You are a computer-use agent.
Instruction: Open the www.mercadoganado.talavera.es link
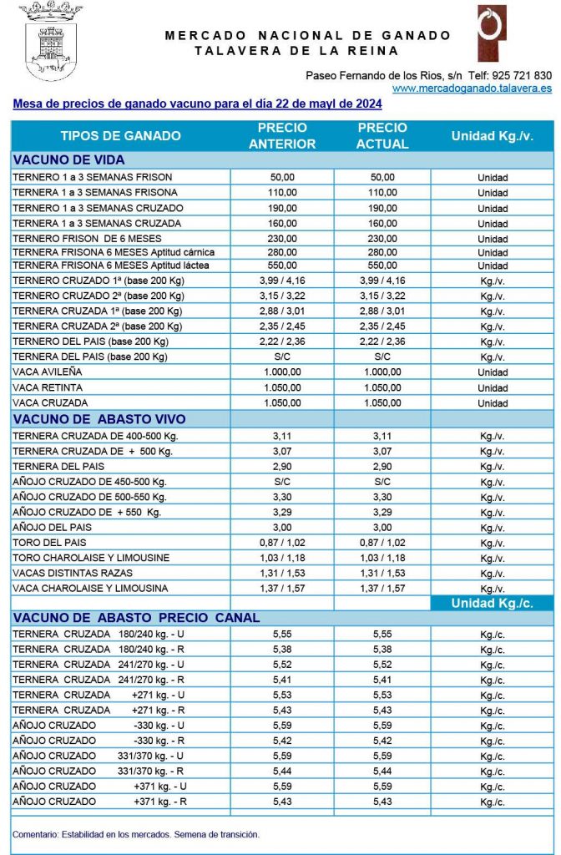point(472,88)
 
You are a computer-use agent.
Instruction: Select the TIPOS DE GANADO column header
point(120,136)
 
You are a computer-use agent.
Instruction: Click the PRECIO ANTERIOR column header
point(282,136)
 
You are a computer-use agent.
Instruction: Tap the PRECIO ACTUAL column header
point(382,136)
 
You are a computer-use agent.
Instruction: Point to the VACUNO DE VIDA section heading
point(69,159)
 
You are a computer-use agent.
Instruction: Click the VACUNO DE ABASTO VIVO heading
point(99,419)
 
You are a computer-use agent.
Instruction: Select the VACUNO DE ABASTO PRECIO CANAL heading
point(136,618)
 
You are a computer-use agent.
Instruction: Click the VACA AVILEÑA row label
point(48,372)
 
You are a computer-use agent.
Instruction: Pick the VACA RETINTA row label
point(48,387)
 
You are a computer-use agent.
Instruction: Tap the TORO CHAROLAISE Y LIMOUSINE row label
point(91,558)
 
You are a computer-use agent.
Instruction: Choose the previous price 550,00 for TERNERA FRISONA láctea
point(282,266)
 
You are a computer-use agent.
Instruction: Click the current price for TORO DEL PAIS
point(382,543)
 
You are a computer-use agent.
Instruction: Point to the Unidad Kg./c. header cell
point(492,603)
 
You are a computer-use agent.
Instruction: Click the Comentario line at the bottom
point(136,834)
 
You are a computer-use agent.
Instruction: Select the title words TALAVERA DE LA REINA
point(308,51)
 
